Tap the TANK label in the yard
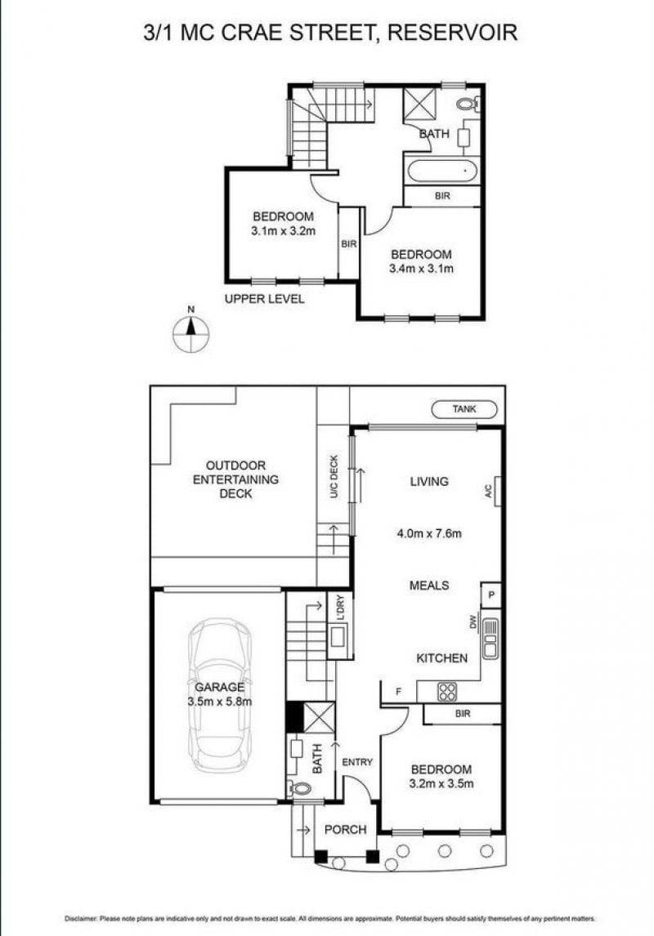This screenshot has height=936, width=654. [464, 409]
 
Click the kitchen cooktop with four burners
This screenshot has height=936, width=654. [447, 692]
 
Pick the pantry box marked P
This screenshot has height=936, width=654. [491, 595]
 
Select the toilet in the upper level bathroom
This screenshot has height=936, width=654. [467, 104]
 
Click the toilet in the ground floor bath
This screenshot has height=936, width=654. [300, 788]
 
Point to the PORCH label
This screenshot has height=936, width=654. [345, 829]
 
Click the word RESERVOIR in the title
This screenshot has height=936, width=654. [452, 31]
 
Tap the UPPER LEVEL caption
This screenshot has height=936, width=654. [264, 299]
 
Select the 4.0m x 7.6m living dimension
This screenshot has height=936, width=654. [429, 533]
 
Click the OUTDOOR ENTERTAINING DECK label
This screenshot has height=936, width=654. [235, 479]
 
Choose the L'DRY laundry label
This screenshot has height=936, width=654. [340, 609]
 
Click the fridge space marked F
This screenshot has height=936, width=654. [398, 692]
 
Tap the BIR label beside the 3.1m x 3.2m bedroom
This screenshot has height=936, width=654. [349, 243]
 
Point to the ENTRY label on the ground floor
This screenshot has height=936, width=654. [357, 762]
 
